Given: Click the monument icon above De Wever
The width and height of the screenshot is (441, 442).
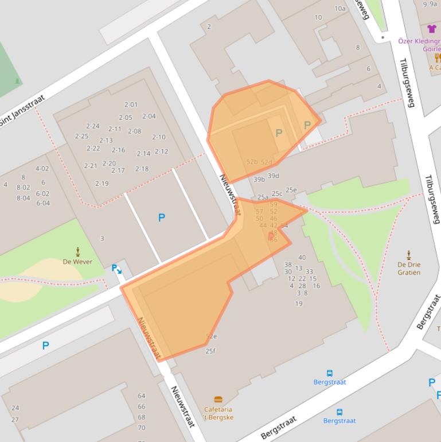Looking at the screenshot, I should coord(78,251).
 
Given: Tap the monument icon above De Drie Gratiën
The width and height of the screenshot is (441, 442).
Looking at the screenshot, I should coord(409,254).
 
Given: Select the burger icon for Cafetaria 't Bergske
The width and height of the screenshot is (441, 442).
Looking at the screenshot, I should coord(218,400).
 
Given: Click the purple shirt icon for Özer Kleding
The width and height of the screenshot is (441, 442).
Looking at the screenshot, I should coord(432,29).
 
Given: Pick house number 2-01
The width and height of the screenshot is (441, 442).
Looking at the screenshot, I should coord(131,105).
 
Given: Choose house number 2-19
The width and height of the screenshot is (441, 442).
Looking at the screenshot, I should coord(102,184).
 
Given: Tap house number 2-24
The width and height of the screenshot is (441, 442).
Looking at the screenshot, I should coord(92,126).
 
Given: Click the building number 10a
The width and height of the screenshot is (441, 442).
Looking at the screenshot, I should coord(340,9).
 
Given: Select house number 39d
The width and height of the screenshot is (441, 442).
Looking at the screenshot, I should coord(274,176).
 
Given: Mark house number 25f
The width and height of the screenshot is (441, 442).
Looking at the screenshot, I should coord(210,351).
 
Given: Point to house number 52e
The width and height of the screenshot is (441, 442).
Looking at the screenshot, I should coord(211,336).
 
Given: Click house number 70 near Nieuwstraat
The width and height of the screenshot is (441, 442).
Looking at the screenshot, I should coord(142,428).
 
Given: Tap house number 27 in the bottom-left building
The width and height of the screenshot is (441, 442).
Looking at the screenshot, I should coord(15,420).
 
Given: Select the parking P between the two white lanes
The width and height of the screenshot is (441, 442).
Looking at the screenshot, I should coord(161,218).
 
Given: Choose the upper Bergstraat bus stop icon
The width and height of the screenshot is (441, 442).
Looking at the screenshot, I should coord(330,373).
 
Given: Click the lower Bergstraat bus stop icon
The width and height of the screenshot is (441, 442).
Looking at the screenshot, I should coord(339,412).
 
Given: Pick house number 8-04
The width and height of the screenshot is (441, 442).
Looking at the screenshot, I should coord(23,198).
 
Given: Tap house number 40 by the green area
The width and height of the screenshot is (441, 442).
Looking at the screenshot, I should coord(302,258).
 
